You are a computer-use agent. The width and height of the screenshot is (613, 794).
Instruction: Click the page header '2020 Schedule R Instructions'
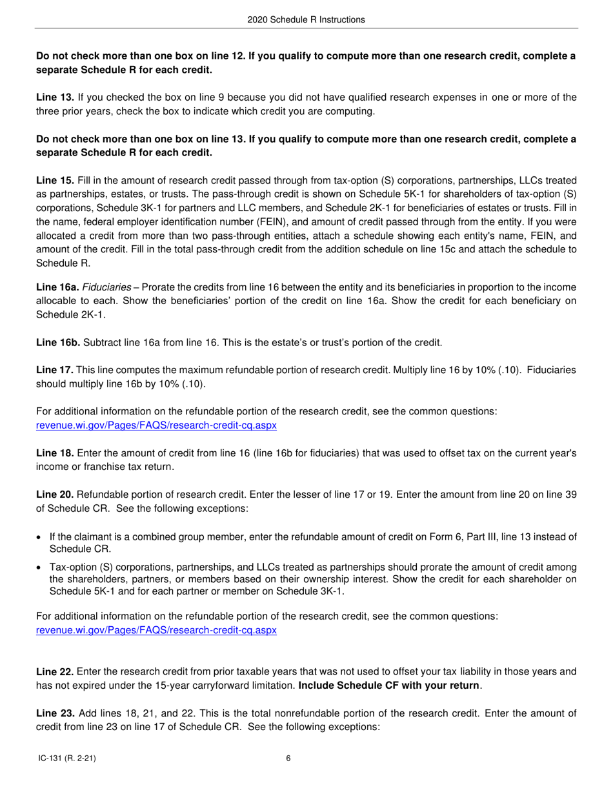click(x=306, y=20)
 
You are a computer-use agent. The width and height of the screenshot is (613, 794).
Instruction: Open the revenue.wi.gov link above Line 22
click(x=156, y=630)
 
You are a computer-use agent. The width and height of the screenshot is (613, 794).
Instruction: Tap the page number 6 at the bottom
click(x=288, y=758)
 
